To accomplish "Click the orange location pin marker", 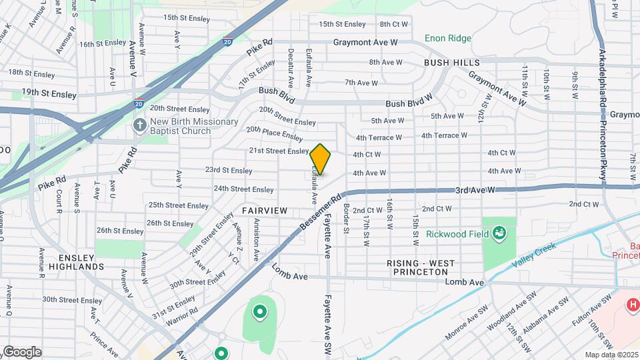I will (x=320, y=159).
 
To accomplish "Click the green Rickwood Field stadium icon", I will (x=499, y=233).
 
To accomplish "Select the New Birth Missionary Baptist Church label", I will (x=193, y=126).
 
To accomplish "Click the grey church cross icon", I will (x=139, y=125).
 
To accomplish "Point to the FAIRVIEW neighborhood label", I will (x=265, y=211).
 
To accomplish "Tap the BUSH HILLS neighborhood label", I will (x=451, y=63).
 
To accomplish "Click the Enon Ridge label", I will (x=447, y=39).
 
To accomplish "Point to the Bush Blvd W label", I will (x=409, y=105).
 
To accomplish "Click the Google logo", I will (x=22, y=351).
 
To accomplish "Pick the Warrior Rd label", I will (x=183, y=311).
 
